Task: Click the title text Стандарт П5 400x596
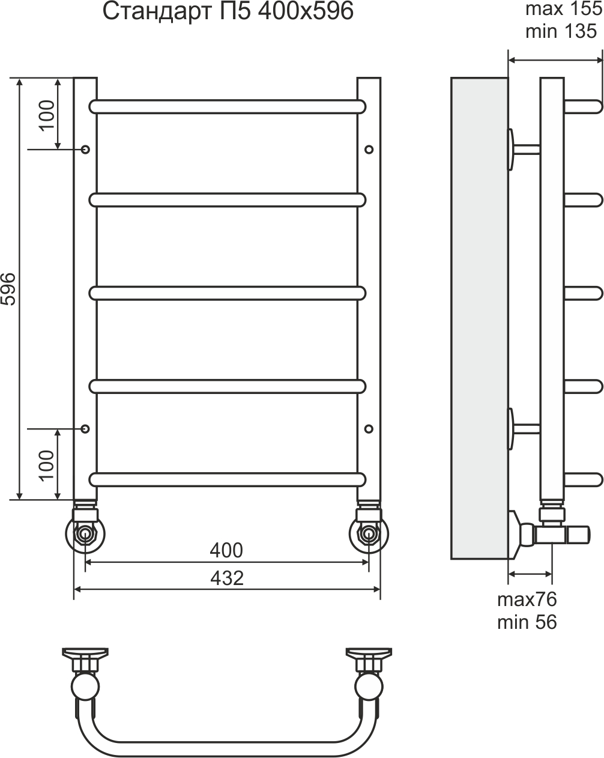coord(228,12)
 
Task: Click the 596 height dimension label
coord(8,289)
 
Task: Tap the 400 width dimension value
coord(226,550)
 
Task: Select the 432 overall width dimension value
coord(227,578)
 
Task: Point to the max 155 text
coord(564,9)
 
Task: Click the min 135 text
coord(561,31)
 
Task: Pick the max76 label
coord(527,610)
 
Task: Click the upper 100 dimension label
coord(47,116)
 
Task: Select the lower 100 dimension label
coord(47,465)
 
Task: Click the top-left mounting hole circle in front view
coord(85,150)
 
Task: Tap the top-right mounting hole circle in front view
coord(369,150)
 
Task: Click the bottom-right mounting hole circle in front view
coord(369,429)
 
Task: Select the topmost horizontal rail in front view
coord(227,107)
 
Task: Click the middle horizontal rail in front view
coord(227,293)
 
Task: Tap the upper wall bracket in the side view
coord(524,150)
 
